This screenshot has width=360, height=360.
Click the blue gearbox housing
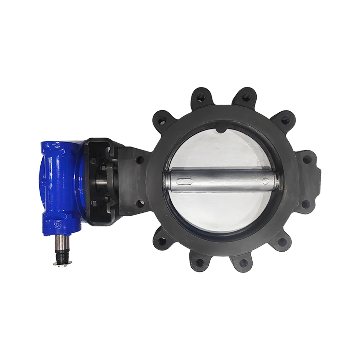59,184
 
